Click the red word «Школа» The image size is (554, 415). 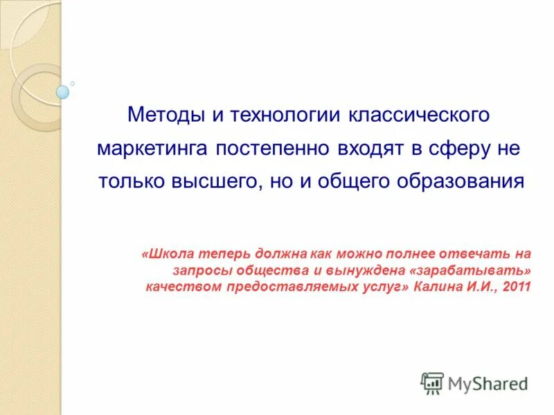(167, 254)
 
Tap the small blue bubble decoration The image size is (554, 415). (62, 91)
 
